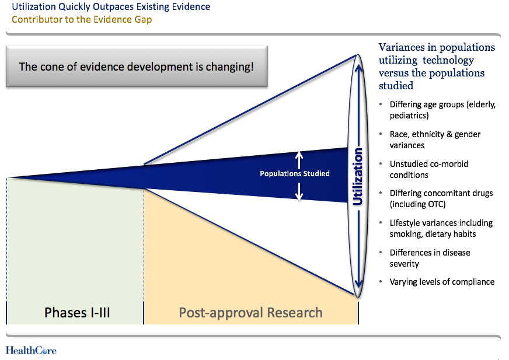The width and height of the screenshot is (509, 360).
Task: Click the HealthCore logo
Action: pos(31,350)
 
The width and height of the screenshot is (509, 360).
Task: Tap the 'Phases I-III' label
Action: pos(77,313)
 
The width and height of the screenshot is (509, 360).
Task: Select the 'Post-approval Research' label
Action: pos(250,313)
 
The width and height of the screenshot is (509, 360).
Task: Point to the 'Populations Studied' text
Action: pos(295,173)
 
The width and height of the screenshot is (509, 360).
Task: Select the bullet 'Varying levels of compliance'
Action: pos(442,282)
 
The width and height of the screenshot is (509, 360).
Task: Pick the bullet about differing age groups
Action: pos(442,110)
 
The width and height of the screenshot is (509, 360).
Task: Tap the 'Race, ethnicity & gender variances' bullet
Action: pos(435,139)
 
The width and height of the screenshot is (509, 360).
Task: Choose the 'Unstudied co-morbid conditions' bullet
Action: pos(428,169)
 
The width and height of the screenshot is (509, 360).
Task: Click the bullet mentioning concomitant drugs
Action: pos(441,198)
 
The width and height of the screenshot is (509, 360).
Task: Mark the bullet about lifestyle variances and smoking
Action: pos(441,228)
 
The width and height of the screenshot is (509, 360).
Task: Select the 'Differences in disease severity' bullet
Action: pos(430,258)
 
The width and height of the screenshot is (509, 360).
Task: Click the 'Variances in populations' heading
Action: pos(437,66)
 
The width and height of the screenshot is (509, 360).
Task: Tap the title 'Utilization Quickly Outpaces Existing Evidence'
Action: pos(111,7)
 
